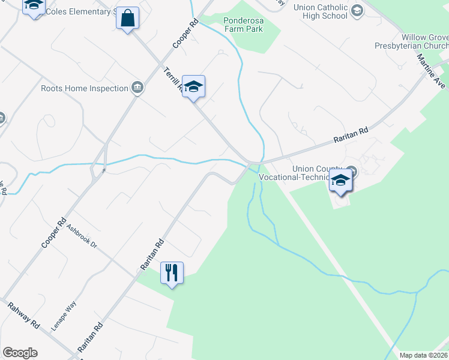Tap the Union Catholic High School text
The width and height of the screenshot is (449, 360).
click(321, 11)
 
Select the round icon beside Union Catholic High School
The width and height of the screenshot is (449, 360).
click(357, 10)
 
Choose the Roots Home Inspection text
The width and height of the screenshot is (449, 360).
click(85, 89)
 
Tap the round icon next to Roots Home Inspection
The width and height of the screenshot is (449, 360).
click(137, 88)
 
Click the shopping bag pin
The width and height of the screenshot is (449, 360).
click(128, 19)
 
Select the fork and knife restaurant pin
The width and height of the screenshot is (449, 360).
click(172, 273)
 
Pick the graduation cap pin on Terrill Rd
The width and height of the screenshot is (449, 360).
click(193, 87)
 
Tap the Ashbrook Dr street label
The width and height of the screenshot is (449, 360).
click(82, 237)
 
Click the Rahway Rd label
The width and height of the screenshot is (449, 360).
click(24, 314)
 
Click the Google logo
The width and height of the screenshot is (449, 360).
click(20, 353)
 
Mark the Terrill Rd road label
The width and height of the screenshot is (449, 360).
click(173, 81)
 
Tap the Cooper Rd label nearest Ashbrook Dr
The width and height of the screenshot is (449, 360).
click(53, 233)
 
